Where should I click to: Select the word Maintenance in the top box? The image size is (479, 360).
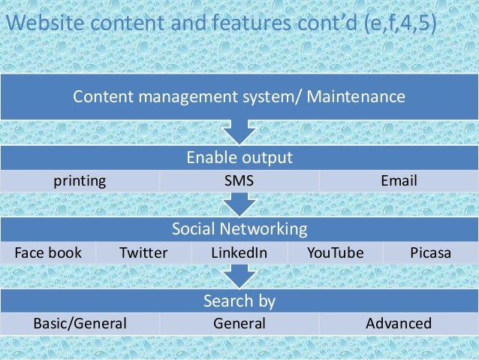click(x=360, y=97)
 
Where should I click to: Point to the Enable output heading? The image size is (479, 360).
click(x=239, y=158)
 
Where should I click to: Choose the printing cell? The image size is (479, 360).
click(x=79, y=180)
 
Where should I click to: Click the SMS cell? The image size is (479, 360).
click(x=239, y=180)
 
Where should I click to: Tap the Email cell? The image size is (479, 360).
click(x=399, y=180)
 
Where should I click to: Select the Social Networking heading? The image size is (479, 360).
click(x=239, y=229)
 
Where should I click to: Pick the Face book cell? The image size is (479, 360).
click(x=48, y=253)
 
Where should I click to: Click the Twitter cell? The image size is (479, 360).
click(x=143, y=253)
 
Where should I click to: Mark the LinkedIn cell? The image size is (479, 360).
click(x=239, y=253)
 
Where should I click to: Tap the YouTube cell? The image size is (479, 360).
click(x=335, y=253)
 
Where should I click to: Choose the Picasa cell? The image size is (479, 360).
click(x=431, y=253)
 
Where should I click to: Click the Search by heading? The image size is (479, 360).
click(x=239, y=301)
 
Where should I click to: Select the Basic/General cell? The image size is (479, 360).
click(x=80, y=324)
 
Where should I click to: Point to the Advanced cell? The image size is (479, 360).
click(x=399, y=324)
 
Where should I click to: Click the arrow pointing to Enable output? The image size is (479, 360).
click(x=239, y=134)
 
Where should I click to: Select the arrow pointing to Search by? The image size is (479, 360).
click(x=239, y=277)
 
